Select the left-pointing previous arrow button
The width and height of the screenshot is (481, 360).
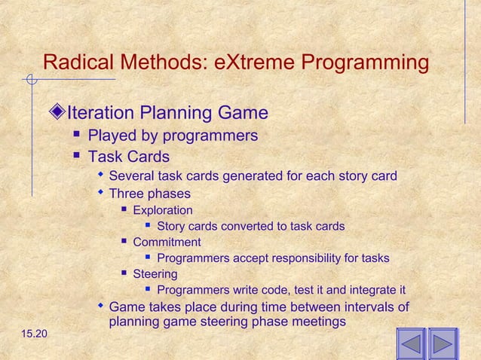coord(411,343)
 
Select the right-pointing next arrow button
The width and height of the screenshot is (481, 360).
coord(443,343)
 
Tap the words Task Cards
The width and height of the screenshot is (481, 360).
coord(128,157)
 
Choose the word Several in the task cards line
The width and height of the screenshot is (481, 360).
coord(133,176)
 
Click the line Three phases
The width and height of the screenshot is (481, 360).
coord(149,194)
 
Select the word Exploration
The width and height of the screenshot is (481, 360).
coord(162,210)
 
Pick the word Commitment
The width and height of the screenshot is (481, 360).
coord(167,242)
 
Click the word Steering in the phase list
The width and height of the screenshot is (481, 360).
coord(155,274)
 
